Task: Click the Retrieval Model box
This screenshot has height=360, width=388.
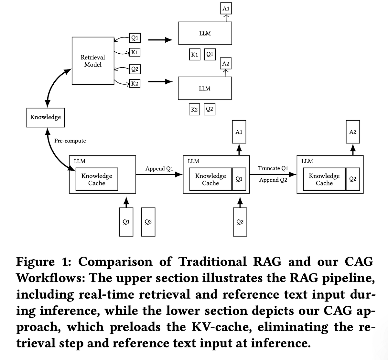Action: tap(93, 61)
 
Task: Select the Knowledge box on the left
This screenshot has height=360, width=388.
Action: tap(45, 117)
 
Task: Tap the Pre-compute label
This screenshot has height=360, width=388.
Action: tap(70, 141)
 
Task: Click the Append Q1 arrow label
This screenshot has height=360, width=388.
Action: tap(159, 169)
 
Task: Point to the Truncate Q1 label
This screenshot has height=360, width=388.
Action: tap(273, 168)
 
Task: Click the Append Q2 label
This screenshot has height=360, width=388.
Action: tap(273, 180)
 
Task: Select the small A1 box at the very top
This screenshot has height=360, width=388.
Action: tap(226, 9)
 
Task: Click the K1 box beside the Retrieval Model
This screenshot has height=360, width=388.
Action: tap(135, 52)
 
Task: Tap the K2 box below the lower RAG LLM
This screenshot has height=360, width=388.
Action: tap(194, 110)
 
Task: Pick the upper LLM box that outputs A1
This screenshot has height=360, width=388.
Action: tap(205, 33)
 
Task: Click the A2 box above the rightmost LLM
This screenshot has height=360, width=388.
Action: tap(352, 132)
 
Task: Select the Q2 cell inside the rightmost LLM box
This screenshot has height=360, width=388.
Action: tap(352, 179)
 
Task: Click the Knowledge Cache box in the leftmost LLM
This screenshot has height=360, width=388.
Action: tap(97, 179)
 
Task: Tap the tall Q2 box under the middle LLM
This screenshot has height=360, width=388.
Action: tap(240, 222)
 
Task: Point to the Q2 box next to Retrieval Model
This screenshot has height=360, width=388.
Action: tap(135, 69)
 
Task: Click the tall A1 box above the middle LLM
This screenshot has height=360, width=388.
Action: tap(239, 132)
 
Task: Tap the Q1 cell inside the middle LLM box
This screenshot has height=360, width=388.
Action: tap(239, 179)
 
